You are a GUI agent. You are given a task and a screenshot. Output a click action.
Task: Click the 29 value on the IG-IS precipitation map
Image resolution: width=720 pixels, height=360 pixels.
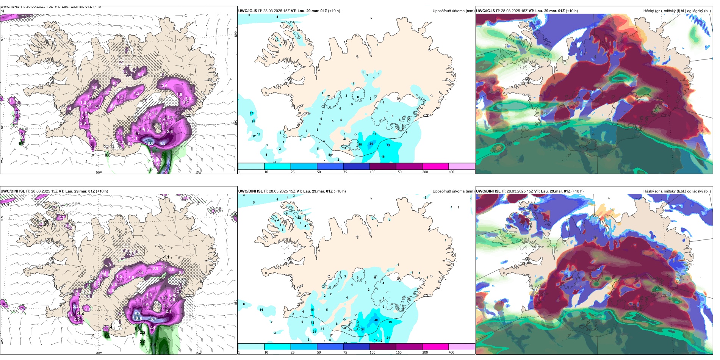(x=388, y=145)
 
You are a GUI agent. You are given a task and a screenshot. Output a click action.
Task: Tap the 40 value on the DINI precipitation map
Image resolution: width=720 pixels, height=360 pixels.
(x=376, y=320)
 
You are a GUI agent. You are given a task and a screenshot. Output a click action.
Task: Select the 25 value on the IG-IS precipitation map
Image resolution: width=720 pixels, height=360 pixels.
(x=254, y=121)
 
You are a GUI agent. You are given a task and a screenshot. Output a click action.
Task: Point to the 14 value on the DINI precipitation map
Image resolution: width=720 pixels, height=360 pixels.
(x=261, y=310)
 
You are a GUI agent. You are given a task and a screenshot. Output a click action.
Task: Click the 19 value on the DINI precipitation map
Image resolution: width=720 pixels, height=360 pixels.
(x=390, y=322)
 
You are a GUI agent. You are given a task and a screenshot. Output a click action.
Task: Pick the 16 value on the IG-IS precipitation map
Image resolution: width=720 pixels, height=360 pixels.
(x=383, y=157)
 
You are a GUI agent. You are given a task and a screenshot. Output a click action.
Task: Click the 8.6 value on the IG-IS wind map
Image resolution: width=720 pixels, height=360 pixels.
(x=150, y=143)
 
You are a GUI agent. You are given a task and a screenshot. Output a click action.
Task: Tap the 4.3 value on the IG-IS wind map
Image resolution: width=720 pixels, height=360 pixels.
(x=163, y=143)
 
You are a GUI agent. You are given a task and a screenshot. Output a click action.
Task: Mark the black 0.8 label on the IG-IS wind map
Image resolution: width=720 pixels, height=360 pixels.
(x=108, y=155)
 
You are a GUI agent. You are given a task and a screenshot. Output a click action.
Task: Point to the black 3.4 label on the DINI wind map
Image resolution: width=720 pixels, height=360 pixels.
(x=153, y=344)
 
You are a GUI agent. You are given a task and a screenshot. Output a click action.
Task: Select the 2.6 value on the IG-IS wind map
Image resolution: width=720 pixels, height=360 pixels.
(x=170, y=132)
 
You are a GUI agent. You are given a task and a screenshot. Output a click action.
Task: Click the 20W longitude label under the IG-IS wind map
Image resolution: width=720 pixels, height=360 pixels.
(x=99, y=172)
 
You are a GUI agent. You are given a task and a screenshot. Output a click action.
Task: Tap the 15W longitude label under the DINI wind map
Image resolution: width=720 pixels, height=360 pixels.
(x=198, y=353)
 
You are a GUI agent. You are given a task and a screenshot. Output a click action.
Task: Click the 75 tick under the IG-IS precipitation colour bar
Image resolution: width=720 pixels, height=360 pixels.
(x=345, y=172)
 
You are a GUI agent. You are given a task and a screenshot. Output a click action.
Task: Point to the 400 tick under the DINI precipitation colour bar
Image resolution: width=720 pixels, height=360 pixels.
(x=451, y=352)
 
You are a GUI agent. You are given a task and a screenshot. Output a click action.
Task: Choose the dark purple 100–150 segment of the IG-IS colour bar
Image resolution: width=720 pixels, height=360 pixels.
(x=383, y=166)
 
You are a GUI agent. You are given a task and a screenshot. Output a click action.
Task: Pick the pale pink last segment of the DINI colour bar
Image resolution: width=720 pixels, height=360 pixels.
(x=462, y=347)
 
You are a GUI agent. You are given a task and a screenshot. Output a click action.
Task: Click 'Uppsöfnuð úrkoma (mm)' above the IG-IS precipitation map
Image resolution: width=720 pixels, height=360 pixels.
(x=453, y=11)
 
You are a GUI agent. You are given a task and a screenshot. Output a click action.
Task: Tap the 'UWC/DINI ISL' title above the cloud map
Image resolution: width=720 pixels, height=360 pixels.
(x=488, y=191)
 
